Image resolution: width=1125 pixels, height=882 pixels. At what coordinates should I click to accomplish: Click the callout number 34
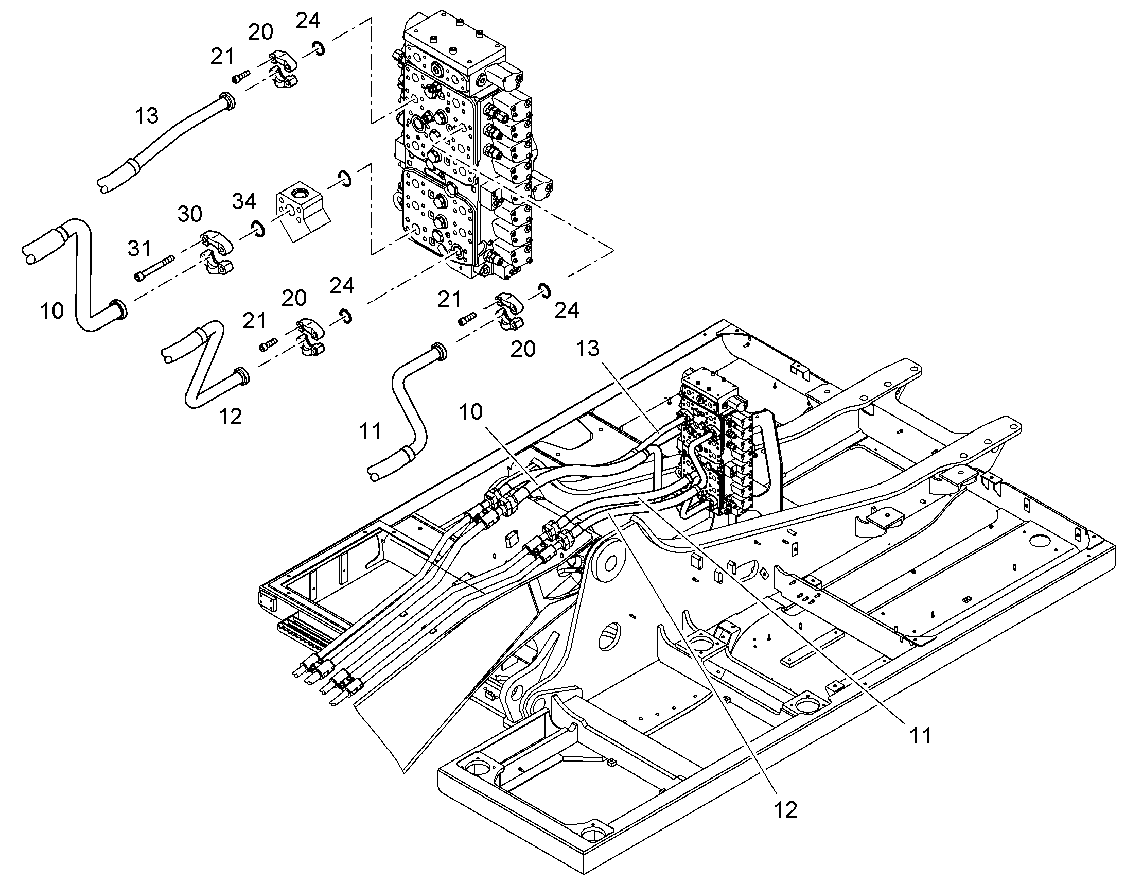244,201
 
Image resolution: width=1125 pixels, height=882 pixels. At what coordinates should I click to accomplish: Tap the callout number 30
189,214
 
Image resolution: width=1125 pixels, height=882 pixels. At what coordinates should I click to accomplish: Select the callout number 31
139,249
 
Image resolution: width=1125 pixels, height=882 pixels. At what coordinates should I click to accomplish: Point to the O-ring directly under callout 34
257,228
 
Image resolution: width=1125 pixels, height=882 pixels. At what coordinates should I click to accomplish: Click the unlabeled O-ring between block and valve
345,178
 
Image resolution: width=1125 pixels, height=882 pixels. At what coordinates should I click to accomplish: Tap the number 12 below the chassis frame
785,810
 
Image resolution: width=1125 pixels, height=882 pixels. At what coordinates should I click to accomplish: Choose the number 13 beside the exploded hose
147,116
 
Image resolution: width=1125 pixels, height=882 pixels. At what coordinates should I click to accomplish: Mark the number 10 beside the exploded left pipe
51,311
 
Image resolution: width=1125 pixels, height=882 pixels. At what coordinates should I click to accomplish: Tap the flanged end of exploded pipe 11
438,351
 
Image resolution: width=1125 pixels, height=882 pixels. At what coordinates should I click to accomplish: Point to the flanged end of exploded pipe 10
119,308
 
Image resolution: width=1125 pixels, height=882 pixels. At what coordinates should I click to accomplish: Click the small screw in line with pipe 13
241,77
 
